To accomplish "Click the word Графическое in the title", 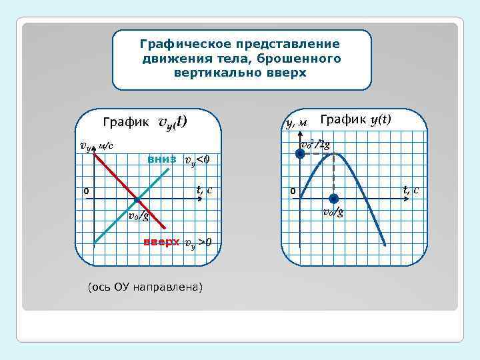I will (x=178, y=44).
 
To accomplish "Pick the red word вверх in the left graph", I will (x=162, y=241).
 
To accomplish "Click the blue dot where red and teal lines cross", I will (x=137, y=199).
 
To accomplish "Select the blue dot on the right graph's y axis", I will (x=300, y=154).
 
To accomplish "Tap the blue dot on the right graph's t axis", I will (x=333, y=198).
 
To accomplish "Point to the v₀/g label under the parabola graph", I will (x=333, y=213).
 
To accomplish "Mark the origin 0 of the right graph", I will (x=292, y=192).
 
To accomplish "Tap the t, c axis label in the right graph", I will (x=411, y=190).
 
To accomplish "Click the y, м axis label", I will (x=296, y=122).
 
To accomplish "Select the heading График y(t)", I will (x=355, y=119).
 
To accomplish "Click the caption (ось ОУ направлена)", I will (x=145, y=287).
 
